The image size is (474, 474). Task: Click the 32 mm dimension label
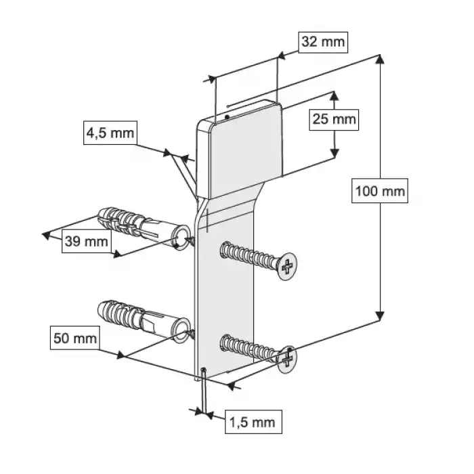click(x=322, y=41)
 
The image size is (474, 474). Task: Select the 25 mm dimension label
click(x=333, y=120)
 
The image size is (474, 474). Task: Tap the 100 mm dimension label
click(x=380, y=192)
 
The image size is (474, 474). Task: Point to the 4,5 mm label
click(x=109, y=132)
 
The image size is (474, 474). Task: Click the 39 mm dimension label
click(x=86, y=240)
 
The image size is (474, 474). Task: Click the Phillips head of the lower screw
click(x=287, y=358)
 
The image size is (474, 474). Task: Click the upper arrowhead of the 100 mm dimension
click(x=381, y=60)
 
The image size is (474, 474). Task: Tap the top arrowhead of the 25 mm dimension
click(x=334, y=95)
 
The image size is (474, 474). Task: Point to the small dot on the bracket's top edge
click(x=227, y=116)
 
